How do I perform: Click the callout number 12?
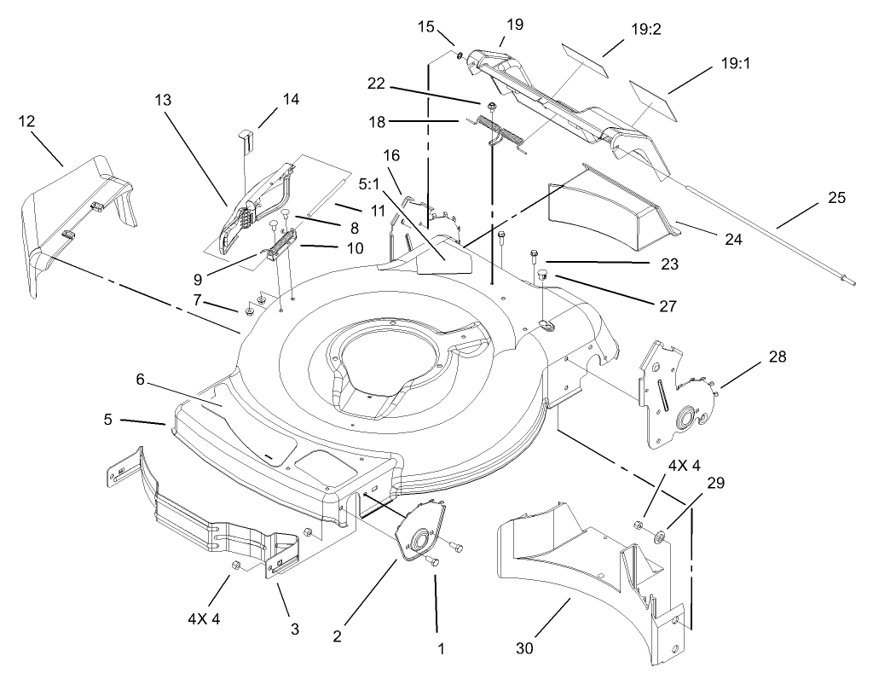[x=26, y=121]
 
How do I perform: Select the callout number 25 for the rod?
[x=836, y=198]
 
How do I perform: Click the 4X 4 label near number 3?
[x=204, y=619]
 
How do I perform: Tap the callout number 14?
[x=291, y=99]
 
